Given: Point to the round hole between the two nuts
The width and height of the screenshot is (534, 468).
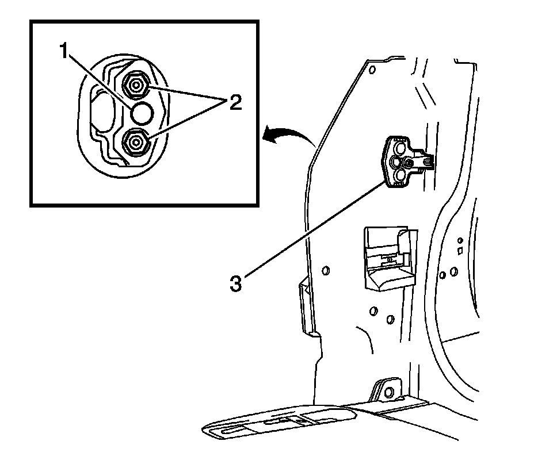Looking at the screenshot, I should click(x=141, y=114).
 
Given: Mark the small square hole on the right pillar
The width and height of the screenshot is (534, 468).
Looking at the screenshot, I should click(x=460, y=251).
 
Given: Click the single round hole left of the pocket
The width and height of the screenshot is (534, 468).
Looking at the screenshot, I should click(x=325, y=270).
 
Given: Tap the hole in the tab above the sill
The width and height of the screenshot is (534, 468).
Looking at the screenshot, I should click(x=388, y=393).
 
